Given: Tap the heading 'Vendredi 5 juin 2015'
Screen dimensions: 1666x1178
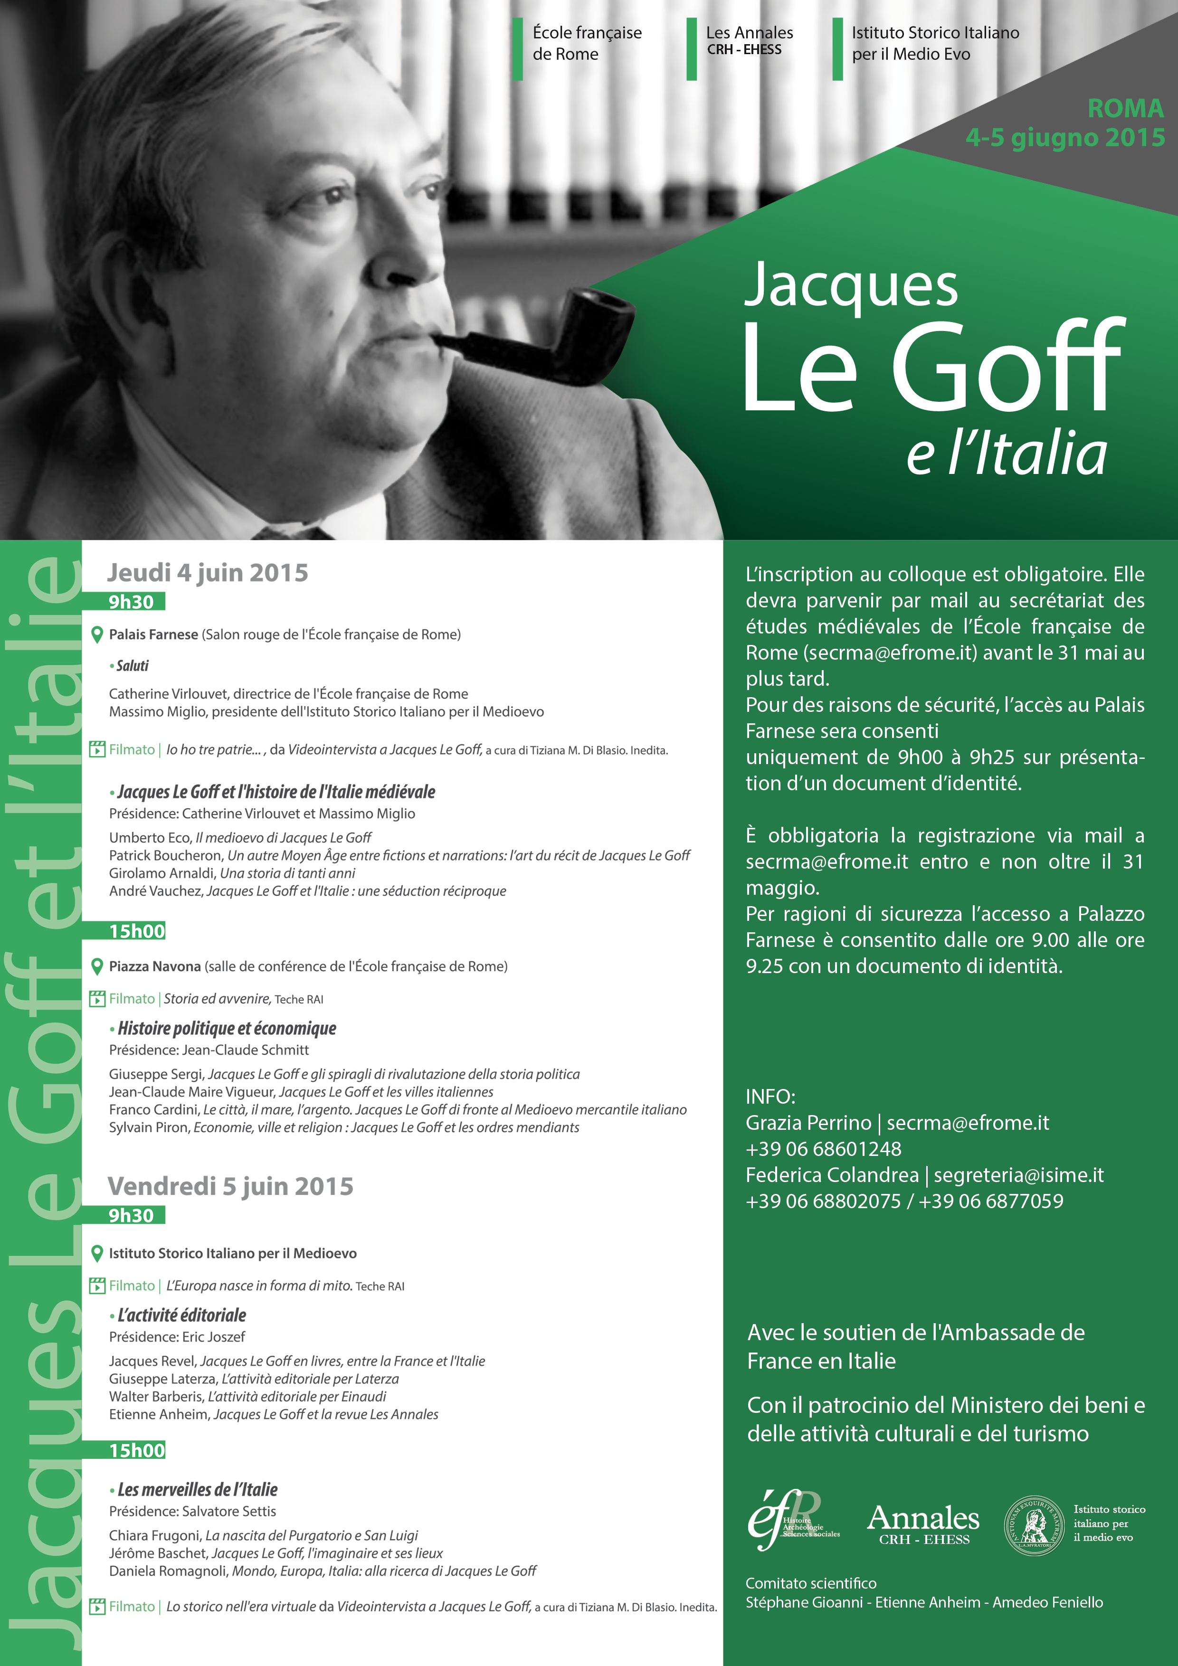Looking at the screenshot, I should (230, 1186).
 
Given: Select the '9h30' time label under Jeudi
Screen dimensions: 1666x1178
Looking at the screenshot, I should (132, 602).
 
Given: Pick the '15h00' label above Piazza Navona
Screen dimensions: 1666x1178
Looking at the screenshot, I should (137, 931).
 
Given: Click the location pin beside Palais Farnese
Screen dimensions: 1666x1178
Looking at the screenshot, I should (96, 635).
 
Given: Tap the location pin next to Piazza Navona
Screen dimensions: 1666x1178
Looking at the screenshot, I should (96, 966).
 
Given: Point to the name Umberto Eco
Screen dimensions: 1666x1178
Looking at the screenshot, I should (150, 837).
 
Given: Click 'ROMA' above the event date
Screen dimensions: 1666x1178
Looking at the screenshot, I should (1125, 108).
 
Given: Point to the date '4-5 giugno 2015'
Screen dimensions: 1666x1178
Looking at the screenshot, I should (1065, 137).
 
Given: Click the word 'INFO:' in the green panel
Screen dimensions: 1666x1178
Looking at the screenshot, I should (770, 1097).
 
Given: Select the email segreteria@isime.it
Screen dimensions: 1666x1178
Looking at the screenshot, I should (1018, 1175).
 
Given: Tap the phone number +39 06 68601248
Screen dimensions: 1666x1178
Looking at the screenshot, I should (823, 1149).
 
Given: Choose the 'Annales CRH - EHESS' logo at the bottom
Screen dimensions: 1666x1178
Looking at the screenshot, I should (923, 1524).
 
